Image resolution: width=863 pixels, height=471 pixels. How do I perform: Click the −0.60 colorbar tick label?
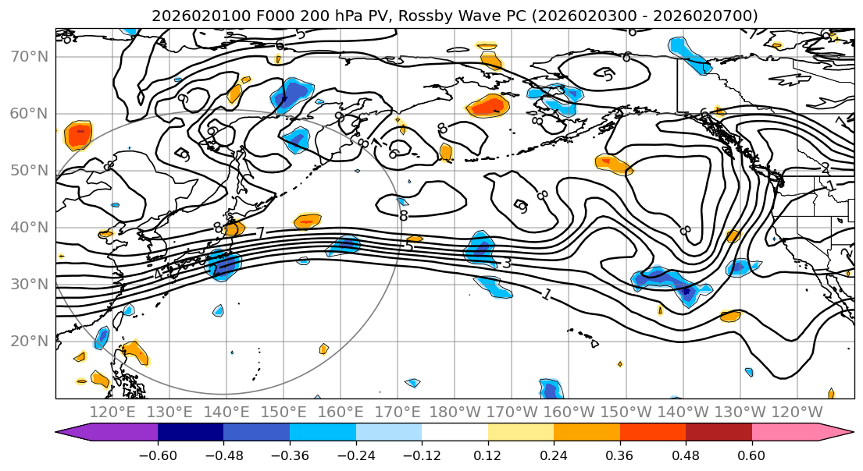158,455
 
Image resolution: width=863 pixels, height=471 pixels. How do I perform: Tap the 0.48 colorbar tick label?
686,455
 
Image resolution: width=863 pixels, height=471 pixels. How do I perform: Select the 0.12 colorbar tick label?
488,455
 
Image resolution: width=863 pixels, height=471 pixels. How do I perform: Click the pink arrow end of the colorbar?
836,433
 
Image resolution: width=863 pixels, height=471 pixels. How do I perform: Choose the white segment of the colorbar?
455,433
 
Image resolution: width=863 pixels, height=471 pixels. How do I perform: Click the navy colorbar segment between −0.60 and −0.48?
191,433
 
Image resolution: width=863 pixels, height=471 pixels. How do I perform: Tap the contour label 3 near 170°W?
507,263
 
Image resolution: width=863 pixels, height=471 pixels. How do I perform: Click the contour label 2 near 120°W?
825,168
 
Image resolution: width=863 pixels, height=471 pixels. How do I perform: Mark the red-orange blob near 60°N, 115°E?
78,136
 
